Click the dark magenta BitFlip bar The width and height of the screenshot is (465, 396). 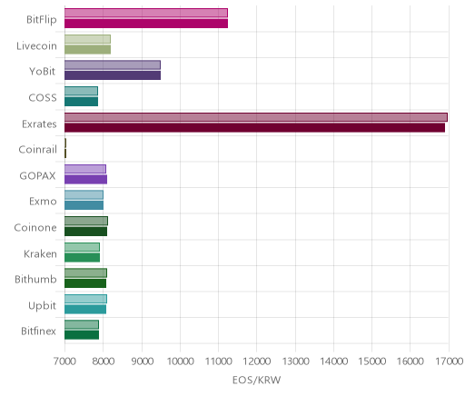point(146,24)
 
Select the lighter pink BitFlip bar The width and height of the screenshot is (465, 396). point(146,13)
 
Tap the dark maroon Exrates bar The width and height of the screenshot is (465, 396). point(254,127)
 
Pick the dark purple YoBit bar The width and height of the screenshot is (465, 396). point(113,75)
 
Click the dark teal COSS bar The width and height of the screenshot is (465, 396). point(81,102)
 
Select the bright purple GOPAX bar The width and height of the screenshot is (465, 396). point(85,180)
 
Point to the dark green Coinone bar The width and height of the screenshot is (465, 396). point(85,232)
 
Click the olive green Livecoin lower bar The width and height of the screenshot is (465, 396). point(87,49)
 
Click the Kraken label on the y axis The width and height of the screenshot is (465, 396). point(40,253)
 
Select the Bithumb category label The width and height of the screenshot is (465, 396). point(35,279)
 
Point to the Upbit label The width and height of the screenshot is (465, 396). point(42,306)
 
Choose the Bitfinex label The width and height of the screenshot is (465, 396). point(38,331)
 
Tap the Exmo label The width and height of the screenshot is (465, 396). point(43,202)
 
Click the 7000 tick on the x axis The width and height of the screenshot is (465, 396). point(64,361)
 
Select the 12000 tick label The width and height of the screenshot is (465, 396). point(257,361)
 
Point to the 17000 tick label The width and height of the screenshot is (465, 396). point(449,361)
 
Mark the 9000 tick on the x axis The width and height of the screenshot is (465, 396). point(142,361)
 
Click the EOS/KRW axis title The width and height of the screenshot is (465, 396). point(257,380)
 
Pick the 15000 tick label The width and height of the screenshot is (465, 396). point(372,361)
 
